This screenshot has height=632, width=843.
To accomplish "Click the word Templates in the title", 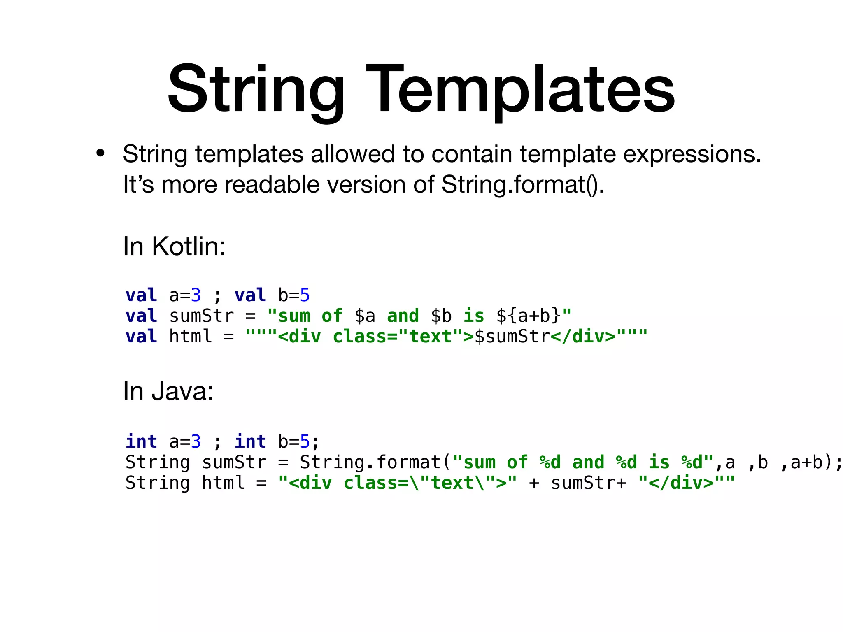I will (520, 90).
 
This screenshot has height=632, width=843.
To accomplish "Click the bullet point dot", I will (100, 153).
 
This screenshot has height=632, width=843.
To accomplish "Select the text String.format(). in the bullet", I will (523, 184).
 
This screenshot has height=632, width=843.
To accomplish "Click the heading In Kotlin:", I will (174, 246).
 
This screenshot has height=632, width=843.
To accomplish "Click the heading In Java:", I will (168, 391).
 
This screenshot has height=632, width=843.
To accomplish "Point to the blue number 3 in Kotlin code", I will (196, 295).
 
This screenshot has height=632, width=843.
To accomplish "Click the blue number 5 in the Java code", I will (305, 441).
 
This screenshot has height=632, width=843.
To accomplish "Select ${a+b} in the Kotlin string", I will (529, 316).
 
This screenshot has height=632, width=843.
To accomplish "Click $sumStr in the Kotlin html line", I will (512, 337).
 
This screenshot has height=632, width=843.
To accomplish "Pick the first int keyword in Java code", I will (141, 441).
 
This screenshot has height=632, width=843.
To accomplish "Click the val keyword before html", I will (141, 337).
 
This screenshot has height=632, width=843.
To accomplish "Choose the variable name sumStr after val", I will (202, 316).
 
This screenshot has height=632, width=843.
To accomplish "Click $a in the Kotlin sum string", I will (365, 316).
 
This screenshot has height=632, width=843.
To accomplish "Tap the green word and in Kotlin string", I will (403, 316).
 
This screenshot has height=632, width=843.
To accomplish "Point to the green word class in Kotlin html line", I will (359, 337).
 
